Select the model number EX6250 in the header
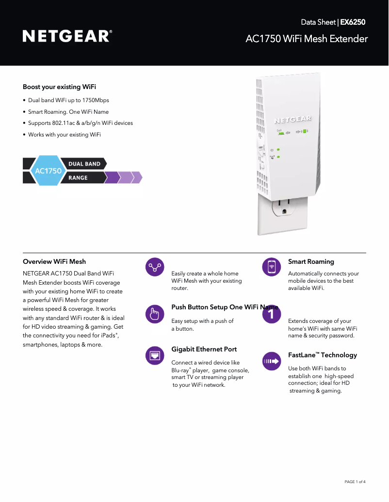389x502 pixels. click(353, 22)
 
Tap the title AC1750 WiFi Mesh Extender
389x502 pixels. click(307, 39)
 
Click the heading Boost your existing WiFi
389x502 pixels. click(59, 87)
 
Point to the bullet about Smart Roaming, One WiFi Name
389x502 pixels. click(68, 112)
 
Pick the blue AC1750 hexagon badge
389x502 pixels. click(48, 171)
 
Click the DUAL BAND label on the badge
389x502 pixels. click(84, 164)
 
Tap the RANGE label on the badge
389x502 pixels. click(78, 178)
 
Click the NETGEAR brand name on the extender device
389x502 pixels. click(293, 119)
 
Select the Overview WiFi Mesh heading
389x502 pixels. click(54, 262)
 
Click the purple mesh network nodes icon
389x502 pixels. click(155, 267)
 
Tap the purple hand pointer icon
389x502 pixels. click(155, 314)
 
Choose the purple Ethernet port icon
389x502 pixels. click(155, 356)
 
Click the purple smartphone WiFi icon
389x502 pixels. click(272, 267)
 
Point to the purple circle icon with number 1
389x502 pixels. click(272, 314)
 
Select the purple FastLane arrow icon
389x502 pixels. click(272, 361)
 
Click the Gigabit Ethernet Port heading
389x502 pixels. click(204, 349)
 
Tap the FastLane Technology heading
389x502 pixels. click(323, 355)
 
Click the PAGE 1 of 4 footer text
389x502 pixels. click(355, 482)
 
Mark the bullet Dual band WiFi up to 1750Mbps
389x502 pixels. click(68, 100)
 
